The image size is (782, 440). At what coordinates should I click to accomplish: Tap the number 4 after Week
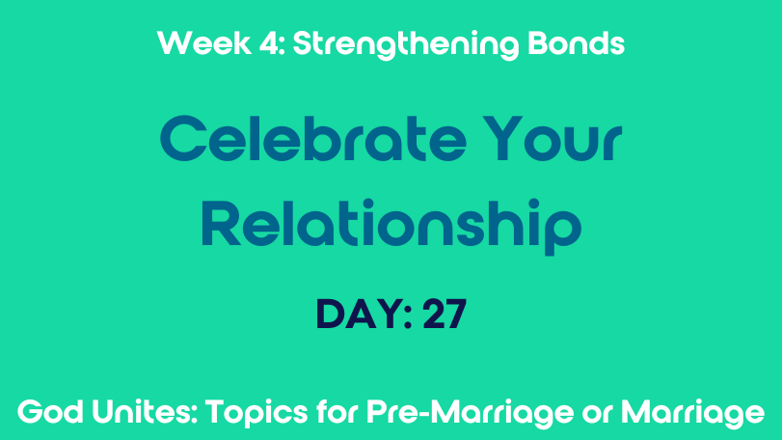pyautogui.click(x=270, y=43)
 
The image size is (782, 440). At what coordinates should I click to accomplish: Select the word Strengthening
pyautogui.click(x=405, y=45)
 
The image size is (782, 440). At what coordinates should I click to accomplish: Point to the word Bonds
pyautogui.click(x=576, y=43)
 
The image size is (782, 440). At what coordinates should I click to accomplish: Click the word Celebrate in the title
pyautogui.click(x=313, y=138)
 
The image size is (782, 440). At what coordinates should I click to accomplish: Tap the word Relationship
pyautogui.click(x=391, y=228)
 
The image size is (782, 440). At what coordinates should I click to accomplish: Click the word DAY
pyautogui.click(x=358, y=315)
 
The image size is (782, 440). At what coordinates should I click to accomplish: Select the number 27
pyautogui.click(x=445, y=315)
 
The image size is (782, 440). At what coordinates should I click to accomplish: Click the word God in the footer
pyautogui.click(x=51, y=413)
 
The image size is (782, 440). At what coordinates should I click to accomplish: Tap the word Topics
pyautogui.click(x=256, y=414)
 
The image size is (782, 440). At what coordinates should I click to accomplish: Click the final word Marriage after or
pyautogui.click(x=692, y=414)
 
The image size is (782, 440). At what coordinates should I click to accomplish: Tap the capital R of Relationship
pyautogui.click(x=221, y=223)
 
